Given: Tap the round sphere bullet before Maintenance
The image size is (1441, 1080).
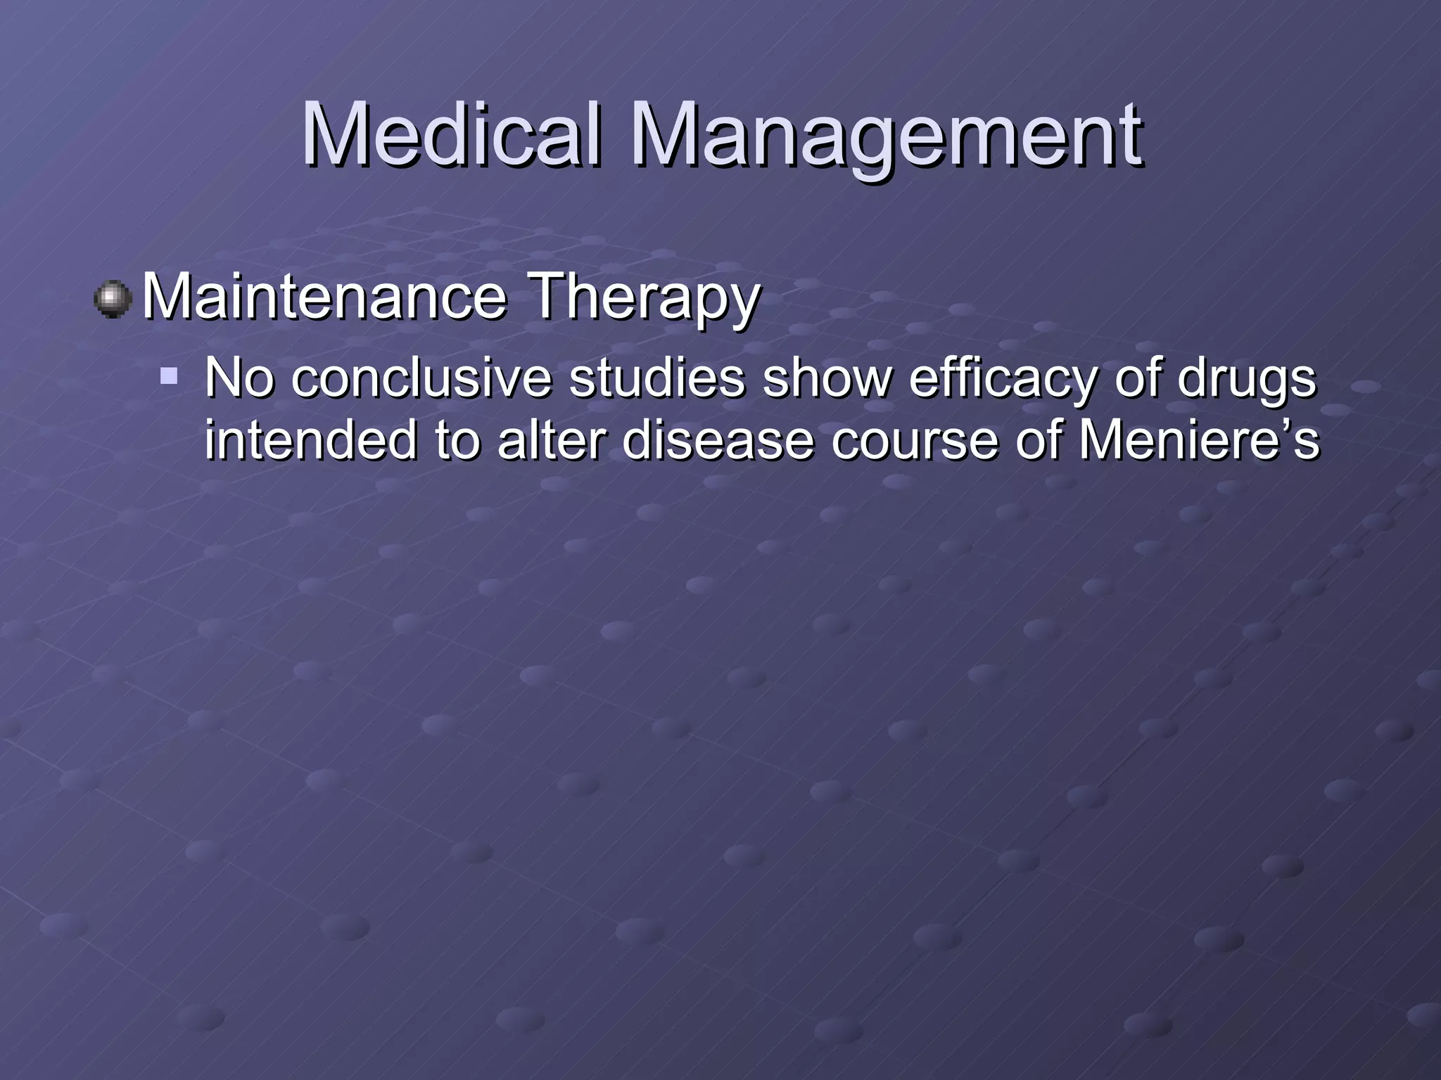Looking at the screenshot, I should pos(113,300).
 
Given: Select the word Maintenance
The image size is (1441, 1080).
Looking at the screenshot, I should pos(324,297).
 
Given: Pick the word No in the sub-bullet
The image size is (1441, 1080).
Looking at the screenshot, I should pos(239,378).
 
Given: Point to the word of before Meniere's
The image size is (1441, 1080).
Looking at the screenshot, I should pos(1039,439).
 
